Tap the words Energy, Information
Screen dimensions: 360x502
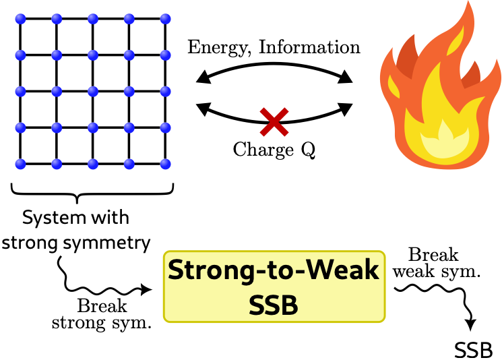tap(274, 47)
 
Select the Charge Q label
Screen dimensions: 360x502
tap(274, 150)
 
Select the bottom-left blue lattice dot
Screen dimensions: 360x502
tap(20, 162)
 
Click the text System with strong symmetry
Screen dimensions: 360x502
tap(75, 231)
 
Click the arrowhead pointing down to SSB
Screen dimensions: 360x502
tap(473, 324)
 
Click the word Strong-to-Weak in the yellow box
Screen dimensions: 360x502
tap(274, 270)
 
